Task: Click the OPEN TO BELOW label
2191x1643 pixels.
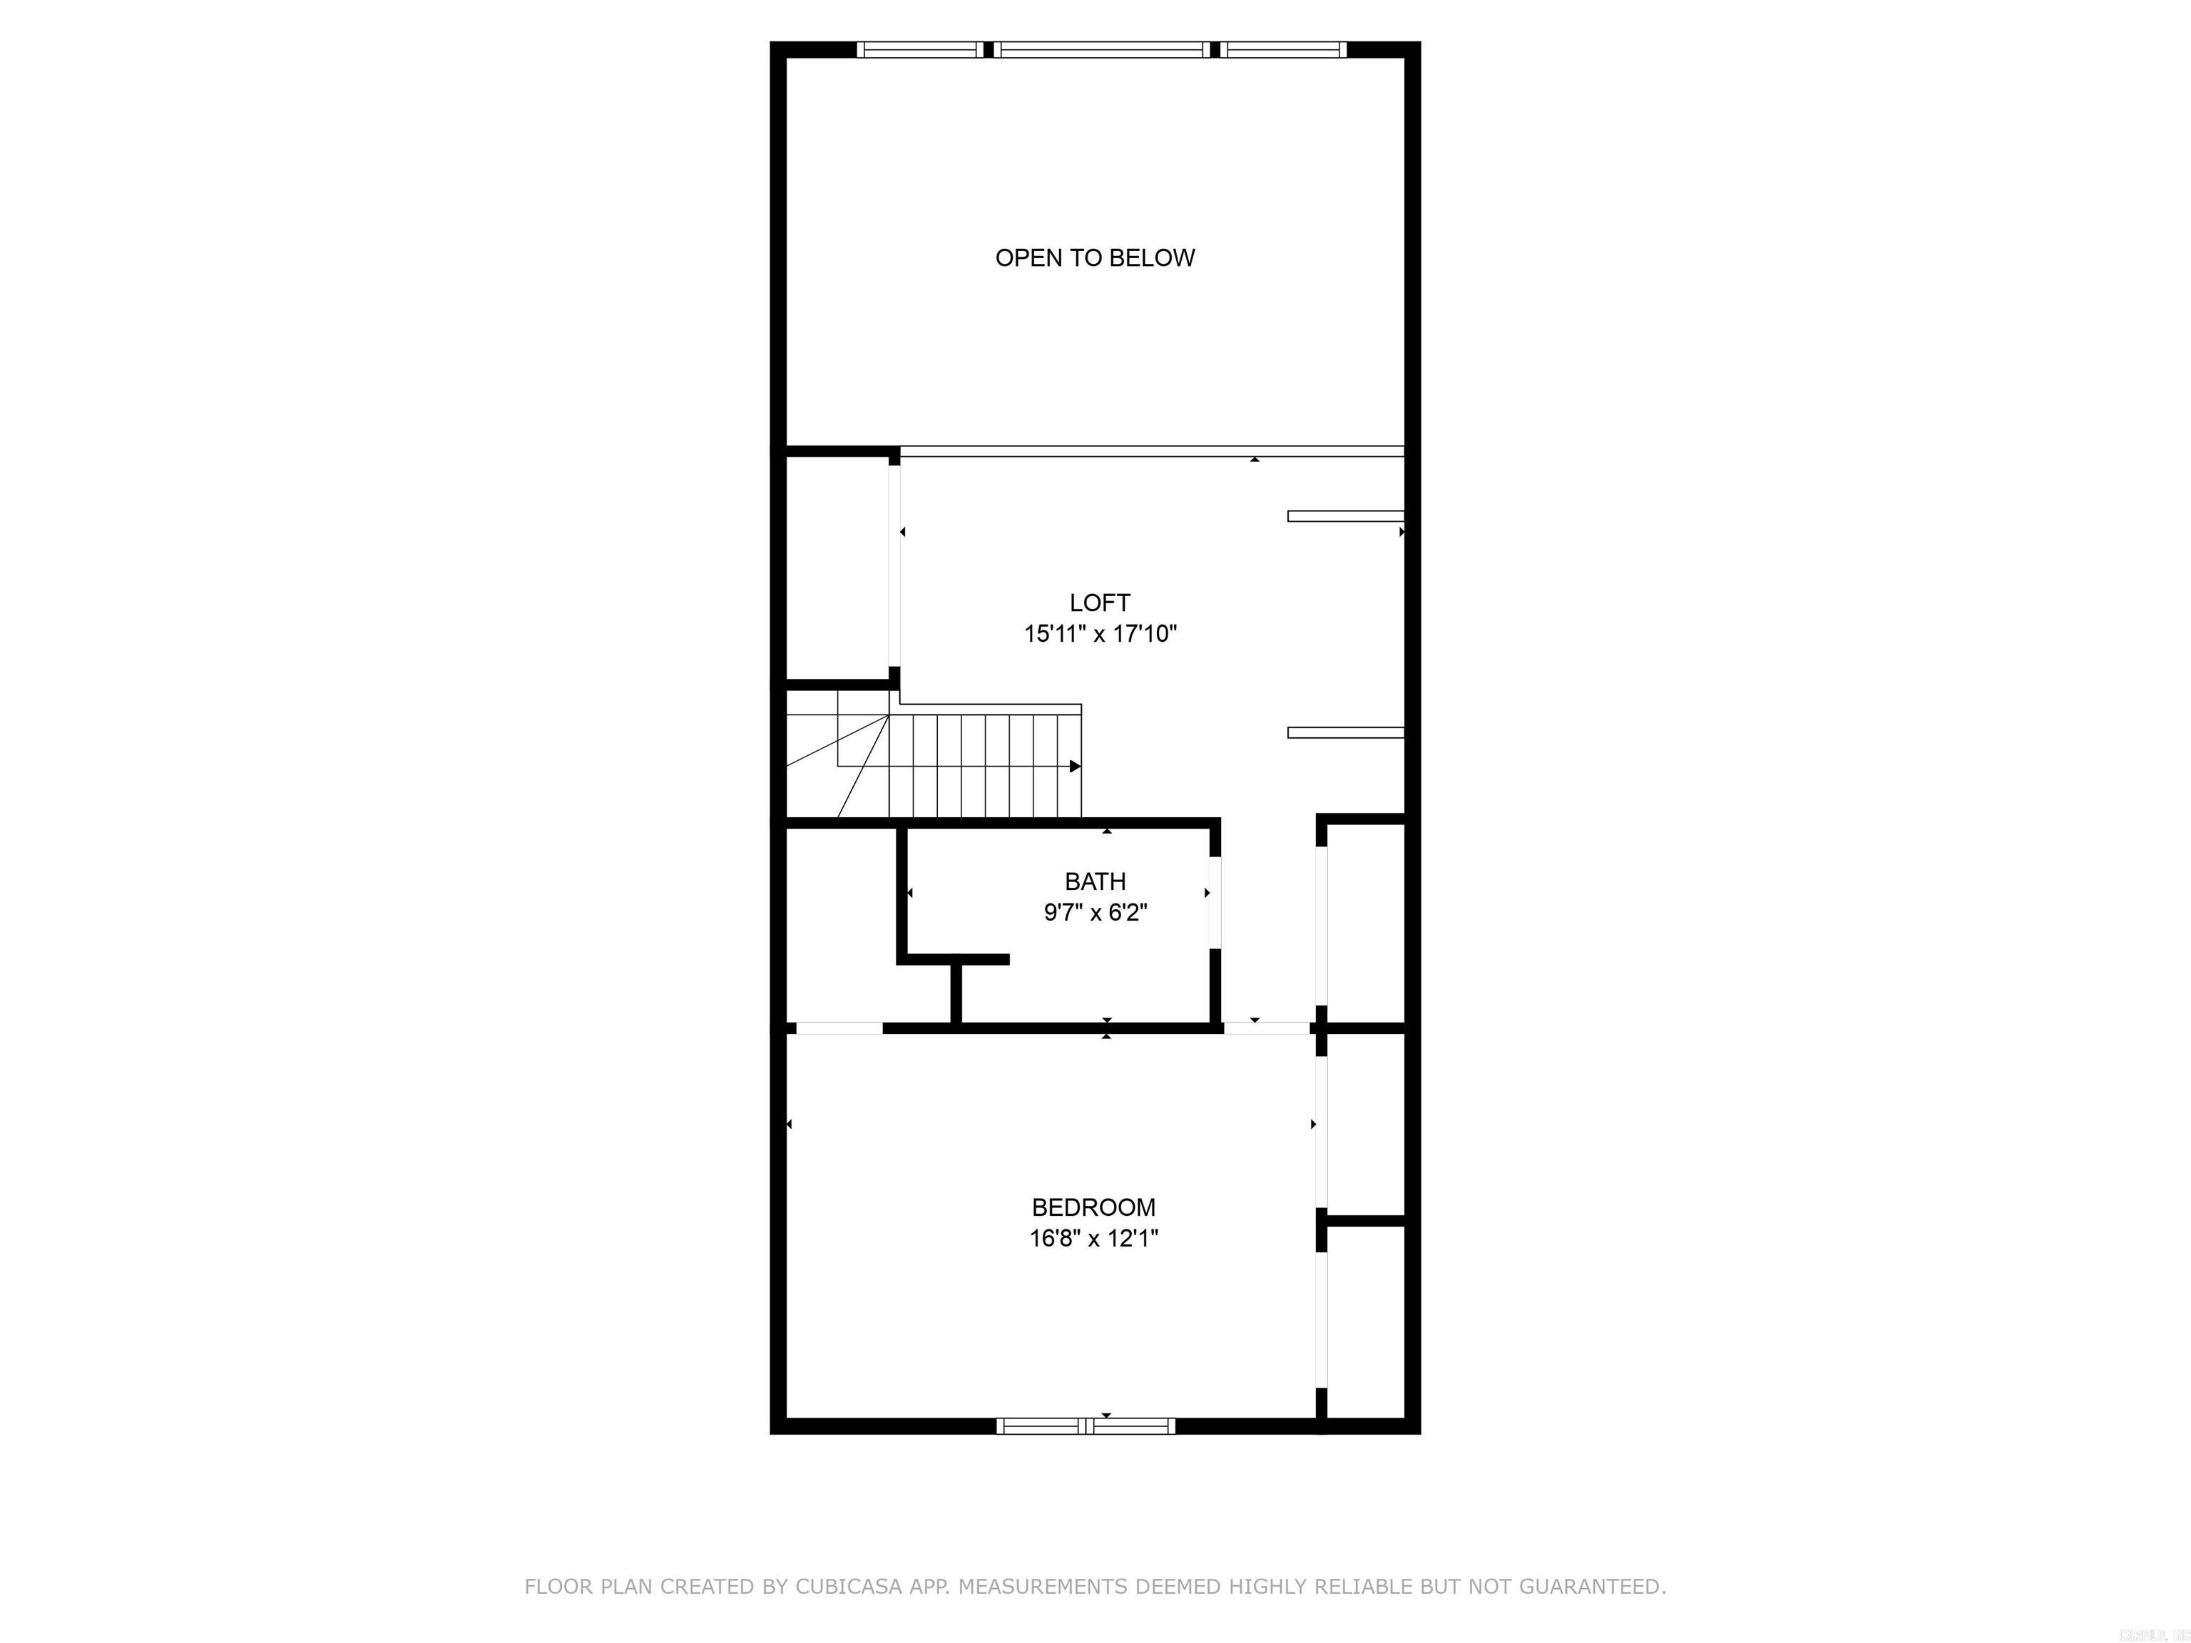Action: coord(1095,257)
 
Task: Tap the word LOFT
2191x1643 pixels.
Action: coord(1100,602)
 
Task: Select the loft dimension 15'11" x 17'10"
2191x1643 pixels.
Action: coord(1100,634)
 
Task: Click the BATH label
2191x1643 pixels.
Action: coord(1095,881)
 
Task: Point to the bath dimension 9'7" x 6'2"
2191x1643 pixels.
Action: coord(1095,912)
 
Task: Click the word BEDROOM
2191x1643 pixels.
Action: coord(1093,1207)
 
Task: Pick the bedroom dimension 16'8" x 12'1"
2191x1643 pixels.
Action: coord(1093,1238)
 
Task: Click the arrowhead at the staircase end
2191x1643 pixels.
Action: coord(1075,766)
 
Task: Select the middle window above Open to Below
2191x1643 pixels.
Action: coord(1101,49)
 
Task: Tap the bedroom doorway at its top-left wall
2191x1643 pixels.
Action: coord(838,1028)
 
